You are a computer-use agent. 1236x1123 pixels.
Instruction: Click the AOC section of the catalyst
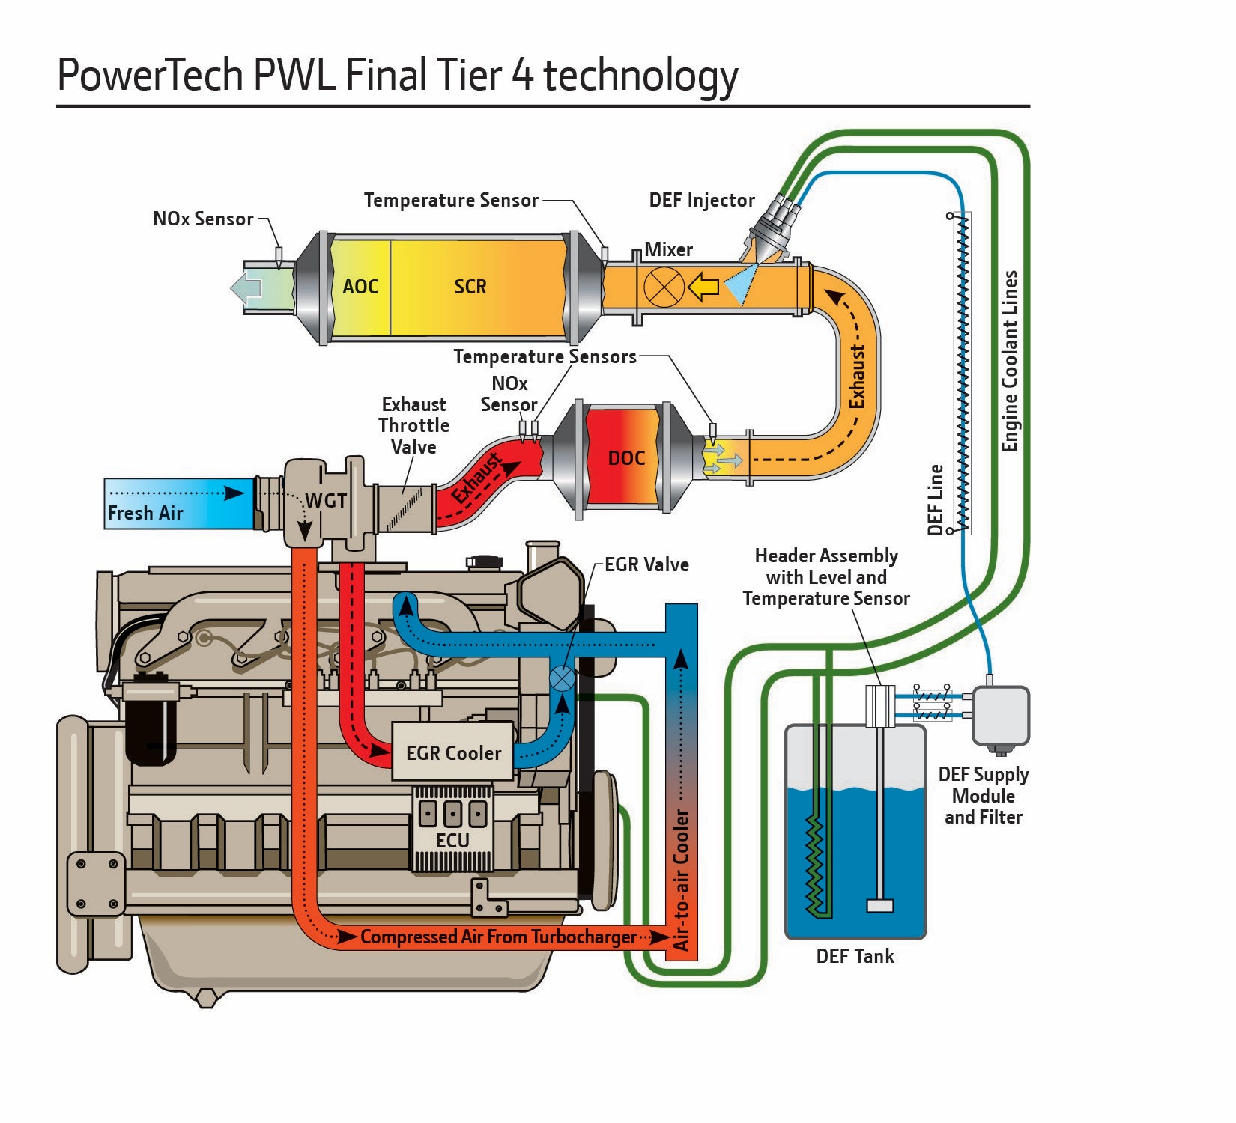(x=360, y=287)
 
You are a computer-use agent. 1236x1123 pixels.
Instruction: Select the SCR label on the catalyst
(x=470, y=287)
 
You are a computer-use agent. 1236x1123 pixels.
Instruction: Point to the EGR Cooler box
(x=452, y=752)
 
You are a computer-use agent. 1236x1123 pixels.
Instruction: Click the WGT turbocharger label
(x=326, y=501)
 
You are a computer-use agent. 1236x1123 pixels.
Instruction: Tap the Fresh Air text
(x=145, y=513)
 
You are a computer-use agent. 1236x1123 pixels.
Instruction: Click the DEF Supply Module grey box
(x=1001, y=715)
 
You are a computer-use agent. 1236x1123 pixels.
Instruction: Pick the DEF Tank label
(x=855, y=956)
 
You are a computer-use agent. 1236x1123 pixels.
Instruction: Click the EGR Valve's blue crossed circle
(x=562, y=680)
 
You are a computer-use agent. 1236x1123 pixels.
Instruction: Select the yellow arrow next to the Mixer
(x=703, y=287)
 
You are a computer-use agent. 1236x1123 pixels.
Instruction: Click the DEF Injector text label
(x=701, y=201)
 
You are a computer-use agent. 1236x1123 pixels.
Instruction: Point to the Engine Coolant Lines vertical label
(x=1011, y=361)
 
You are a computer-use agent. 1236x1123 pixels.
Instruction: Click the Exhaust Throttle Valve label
(x=413, y=425)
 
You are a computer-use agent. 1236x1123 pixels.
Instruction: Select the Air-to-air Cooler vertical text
(x=681, y=880)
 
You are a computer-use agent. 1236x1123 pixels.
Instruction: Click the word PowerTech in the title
(x=150, y=75)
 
